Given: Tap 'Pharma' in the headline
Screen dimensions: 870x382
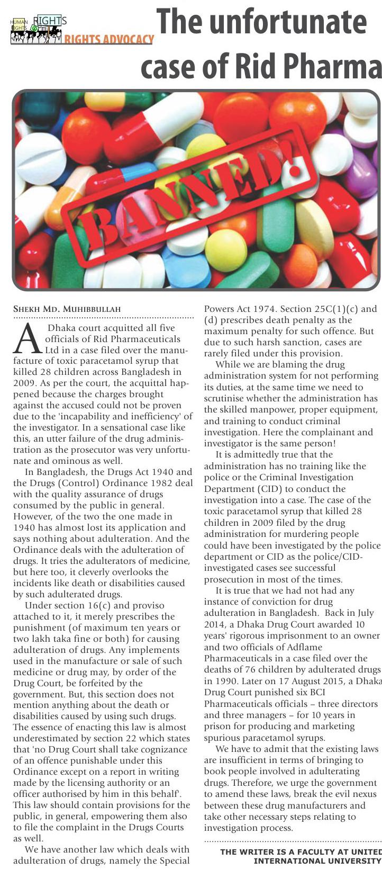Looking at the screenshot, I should click(x=333, y=67).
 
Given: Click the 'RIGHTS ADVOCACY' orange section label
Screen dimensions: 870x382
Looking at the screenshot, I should click(x=109, y=39).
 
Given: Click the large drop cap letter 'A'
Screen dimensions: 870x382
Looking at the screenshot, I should click(x=27, y=339).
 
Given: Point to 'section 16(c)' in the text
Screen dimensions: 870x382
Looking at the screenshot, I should click(x=78, y=605).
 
